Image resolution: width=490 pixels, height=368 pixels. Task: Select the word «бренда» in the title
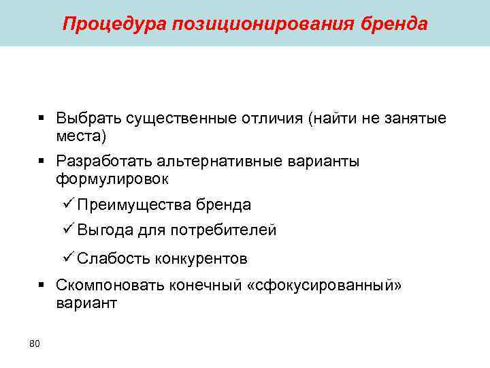[397, 25]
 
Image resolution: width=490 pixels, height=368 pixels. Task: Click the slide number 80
[35, 343]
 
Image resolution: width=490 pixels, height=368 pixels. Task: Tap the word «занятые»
[415, 119]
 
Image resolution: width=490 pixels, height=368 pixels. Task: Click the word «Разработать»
[104, 162]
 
